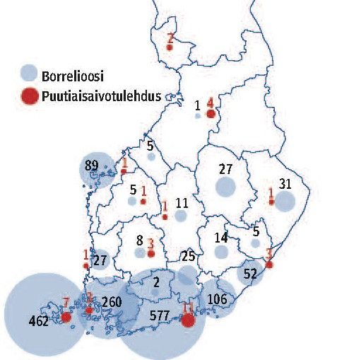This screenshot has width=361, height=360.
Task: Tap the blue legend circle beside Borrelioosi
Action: point(29,72)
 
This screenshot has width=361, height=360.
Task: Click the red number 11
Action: point(187,309)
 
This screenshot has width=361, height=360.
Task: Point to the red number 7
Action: point(66,304)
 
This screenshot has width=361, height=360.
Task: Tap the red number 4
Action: point(211,103)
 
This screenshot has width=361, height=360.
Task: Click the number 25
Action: point(187,255)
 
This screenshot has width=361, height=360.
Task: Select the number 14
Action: point(221,238)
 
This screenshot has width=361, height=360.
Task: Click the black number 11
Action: point(182,203)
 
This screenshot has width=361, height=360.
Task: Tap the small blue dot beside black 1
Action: point(198,115)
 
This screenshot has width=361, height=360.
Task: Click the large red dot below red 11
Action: point(188,320)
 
